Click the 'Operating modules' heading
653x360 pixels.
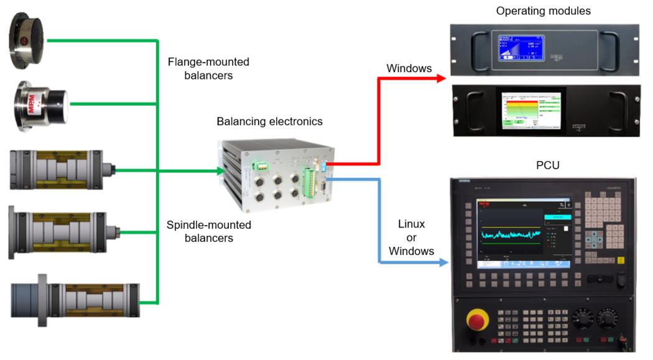pyautogui.click(x=543, y=11)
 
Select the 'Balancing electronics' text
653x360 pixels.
pyautogui.click(x=269, y=121)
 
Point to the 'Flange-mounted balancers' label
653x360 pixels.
pyautogui.click(x=208, y=68)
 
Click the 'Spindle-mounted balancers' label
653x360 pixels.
pyautogui.click(x=208, y=231)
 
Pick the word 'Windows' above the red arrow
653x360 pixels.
pyautogui.click(x=409, y=68)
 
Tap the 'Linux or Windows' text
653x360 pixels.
pyautogui.click(x=411, y=237)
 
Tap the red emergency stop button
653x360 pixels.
pyautogui.click(x=478, y=321)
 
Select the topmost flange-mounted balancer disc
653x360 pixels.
pyautogui.click(x=27, y=42)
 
